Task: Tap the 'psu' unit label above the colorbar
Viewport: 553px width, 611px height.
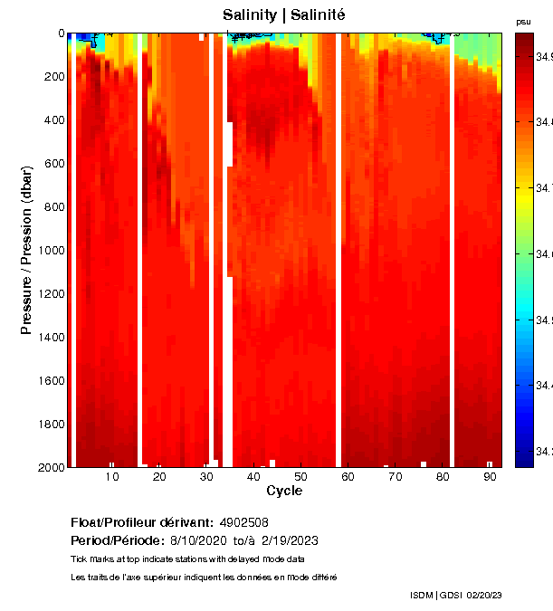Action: (x=523, y=21)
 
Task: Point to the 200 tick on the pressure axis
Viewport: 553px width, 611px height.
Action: (x=53, y=77)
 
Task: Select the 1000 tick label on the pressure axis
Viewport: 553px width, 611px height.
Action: (x=51, y=251)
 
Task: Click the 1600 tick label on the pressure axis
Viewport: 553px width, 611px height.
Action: (x=51, y=381)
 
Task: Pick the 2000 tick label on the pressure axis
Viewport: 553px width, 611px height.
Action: (x=51, y=467)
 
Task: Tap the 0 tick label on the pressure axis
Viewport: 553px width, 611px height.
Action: (x=61, y=33)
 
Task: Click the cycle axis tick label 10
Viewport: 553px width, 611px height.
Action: (x=112, y=476)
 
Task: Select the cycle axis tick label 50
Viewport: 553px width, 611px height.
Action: (x=301, y=476)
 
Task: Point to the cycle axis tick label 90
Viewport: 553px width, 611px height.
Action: (x=490, y=476)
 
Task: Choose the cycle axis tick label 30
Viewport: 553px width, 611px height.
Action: (x=206, y=476)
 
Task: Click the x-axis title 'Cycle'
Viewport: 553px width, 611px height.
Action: (x=284, y=491)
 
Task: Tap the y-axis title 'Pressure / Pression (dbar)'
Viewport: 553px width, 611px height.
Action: (x=26, y=251)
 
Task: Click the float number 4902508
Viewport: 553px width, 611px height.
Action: (x=244, y=523)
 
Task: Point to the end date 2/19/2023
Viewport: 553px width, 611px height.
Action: (x=289, y=540)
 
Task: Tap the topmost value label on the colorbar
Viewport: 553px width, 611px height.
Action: (x=543, y=56)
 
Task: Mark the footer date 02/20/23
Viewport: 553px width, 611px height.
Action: (x=484, y=595)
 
